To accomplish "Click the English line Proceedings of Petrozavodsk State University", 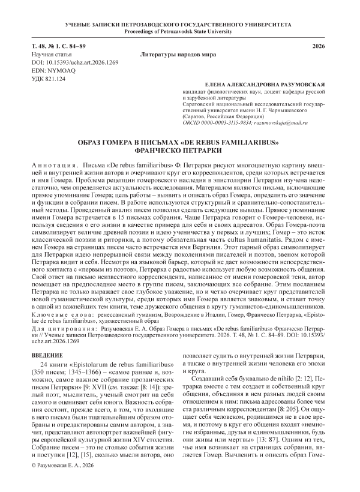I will coord(180,31).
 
